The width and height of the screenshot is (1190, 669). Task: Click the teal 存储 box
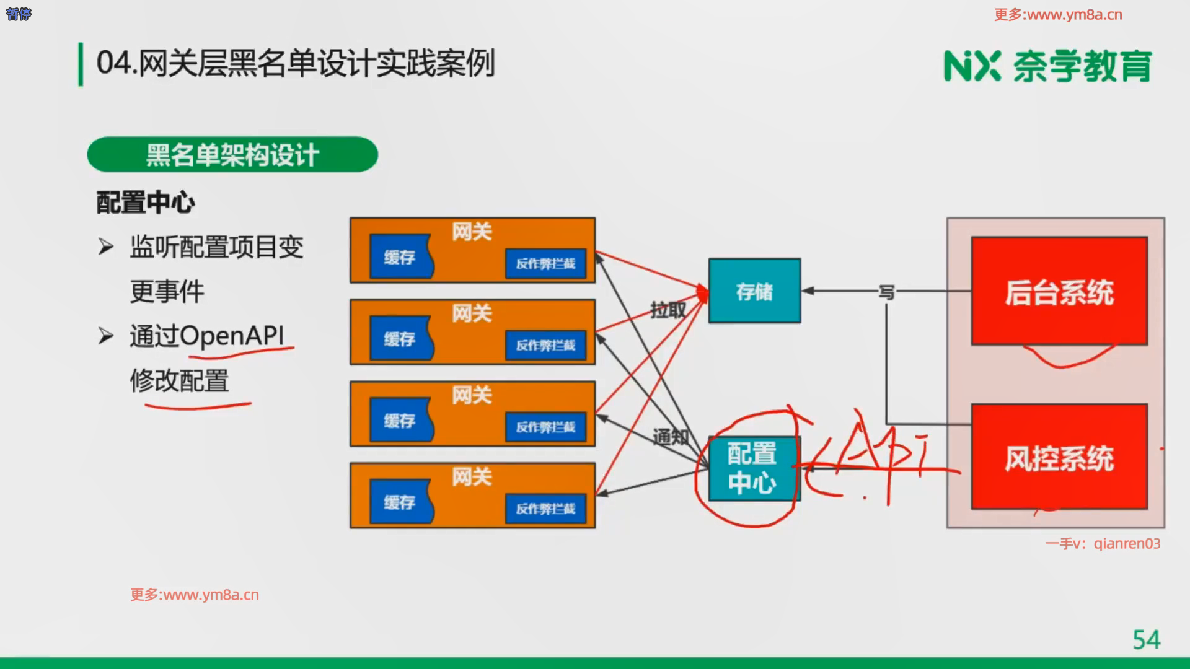pos(754,291)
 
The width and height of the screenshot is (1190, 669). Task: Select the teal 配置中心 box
pos(752,469)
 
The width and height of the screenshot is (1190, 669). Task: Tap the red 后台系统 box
pos(1059,291)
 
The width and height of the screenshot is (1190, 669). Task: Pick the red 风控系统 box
pos(1059,457)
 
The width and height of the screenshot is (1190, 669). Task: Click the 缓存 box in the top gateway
pos(400,256)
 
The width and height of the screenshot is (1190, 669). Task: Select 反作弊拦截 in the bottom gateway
pos(545,509)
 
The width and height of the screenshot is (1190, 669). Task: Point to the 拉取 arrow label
pos(668,309)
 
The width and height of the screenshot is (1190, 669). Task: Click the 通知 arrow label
pos(670,437)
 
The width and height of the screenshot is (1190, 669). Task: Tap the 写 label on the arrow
pos(886,292)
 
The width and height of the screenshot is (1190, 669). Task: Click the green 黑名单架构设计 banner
pos(232,155)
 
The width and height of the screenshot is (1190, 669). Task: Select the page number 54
pos(1146,639)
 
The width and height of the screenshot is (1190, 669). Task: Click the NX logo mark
pos(971,66)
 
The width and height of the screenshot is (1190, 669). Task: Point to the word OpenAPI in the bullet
pos(232,336)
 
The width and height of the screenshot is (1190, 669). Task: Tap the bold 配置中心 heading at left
pos(146,203)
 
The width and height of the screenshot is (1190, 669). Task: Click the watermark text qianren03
pos(1127,544)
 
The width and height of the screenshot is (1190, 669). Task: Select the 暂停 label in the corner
pos(19,14)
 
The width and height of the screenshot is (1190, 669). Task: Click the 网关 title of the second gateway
pos(472,313)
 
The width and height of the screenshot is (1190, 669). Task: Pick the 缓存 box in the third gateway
pos(400,421)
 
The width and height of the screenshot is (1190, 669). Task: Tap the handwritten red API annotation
pos(880,458)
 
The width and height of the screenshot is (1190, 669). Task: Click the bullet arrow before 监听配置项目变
pos(106,247)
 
